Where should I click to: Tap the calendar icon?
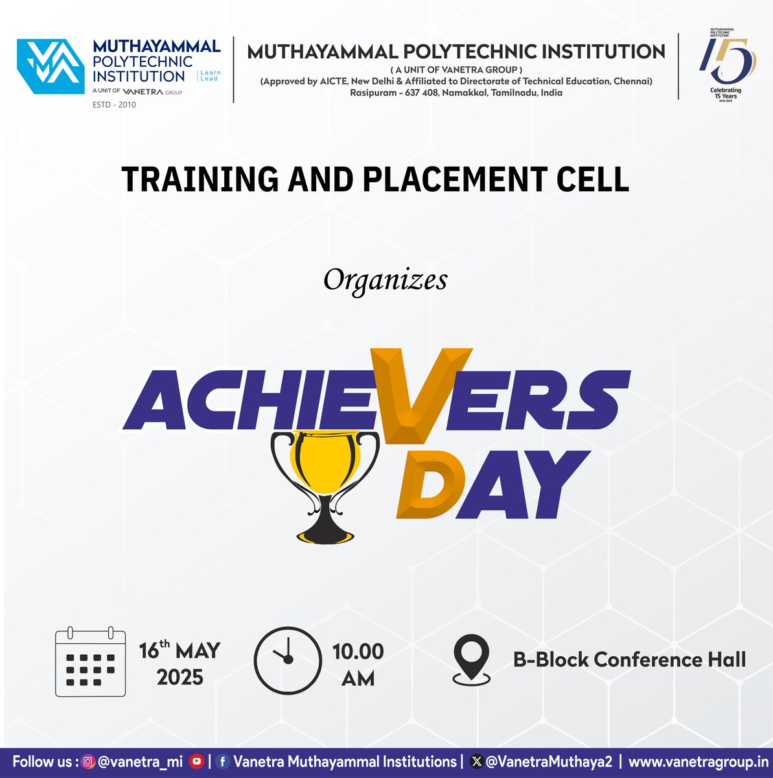tap(90, 662)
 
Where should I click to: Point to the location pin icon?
tap(471, 659)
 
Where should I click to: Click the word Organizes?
tap(386, 280)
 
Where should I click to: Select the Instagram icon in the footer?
tap(89, 762)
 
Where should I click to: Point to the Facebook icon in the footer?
tap(223, 762)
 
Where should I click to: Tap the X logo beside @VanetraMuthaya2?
tap(477, 762)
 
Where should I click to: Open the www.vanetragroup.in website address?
tap(698, 762)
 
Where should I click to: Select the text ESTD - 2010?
tap(115, 104)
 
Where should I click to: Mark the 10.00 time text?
tap(358, 651)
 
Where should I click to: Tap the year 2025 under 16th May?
tap(180, 678)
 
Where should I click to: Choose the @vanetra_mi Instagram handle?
tap(141, 762)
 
